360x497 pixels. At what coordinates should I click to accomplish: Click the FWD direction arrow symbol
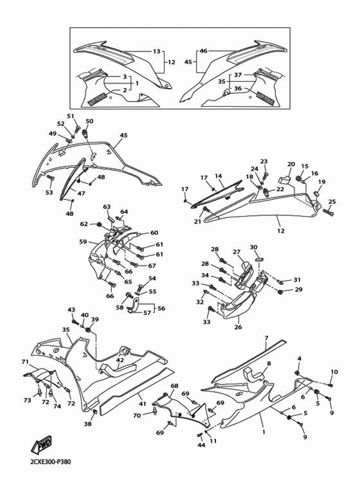point(42,444)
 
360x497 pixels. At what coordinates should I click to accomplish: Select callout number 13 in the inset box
point(156,51)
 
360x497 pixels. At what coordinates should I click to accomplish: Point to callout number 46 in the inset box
point(203,51)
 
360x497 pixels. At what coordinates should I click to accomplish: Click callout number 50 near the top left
point(89,122)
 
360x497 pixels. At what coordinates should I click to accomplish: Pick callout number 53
point(49,192)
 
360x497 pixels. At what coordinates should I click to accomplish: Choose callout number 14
point(218,176)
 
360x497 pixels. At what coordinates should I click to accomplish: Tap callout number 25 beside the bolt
point(332,202)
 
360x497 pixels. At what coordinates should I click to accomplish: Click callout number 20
point(291,165)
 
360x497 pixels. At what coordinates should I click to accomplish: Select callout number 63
point(107,207)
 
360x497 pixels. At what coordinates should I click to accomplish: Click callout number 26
point(239,327)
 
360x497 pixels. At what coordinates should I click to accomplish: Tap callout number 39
point(94,320)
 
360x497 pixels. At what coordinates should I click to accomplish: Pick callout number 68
point(174,386)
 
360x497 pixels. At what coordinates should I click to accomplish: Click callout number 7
point(266,338)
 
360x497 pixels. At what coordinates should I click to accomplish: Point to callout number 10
point(334,372)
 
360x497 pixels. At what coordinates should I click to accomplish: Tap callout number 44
point(201,445)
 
